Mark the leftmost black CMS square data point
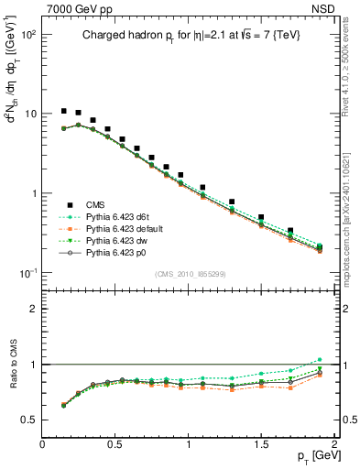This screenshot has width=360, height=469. tap(63, 111)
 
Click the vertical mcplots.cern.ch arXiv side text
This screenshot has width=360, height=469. tap(348, 229)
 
